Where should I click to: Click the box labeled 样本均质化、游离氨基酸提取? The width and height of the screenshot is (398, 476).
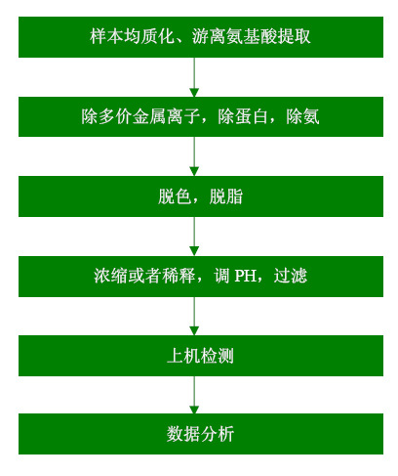[x=201, y=37]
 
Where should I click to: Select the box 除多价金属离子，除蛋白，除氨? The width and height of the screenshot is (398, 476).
[x=201, y=116]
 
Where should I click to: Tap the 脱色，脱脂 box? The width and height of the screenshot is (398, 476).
[x=201, y=196]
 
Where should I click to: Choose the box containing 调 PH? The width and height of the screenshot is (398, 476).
[x=201, y=277]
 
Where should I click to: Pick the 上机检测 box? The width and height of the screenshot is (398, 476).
[x=201, y=356]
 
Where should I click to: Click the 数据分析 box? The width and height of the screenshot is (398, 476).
[x=201, y=434]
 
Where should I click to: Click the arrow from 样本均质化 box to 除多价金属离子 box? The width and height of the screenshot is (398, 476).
[x=194, y=77]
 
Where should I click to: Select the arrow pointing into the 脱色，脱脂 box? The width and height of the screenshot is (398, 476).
[x=194, y=156]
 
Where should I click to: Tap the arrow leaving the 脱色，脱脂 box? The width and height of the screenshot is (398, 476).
[x=194, y=237]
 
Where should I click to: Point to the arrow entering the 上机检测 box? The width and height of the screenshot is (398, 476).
[x=194, y=317]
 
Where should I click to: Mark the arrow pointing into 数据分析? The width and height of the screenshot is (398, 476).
[x=194, y=395]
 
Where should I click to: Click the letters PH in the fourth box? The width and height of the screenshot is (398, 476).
[x=245, y=276]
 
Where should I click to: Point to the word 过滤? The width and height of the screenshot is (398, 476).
[x=291, y=276]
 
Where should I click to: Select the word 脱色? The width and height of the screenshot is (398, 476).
[x=175, y=196]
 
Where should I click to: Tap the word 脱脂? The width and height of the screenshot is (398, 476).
[x=226, y=196]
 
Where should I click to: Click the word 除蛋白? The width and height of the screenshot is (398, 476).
[x=243, y=116]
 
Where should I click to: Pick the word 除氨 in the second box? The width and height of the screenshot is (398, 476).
[x=302, y=116]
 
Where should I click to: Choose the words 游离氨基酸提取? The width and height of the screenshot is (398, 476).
[x=251, y=36]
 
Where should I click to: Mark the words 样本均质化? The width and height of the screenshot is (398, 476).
[x=133, y=36]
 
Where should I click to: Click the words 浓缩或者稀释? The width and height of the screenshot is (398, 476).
[x=144, y=276]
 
